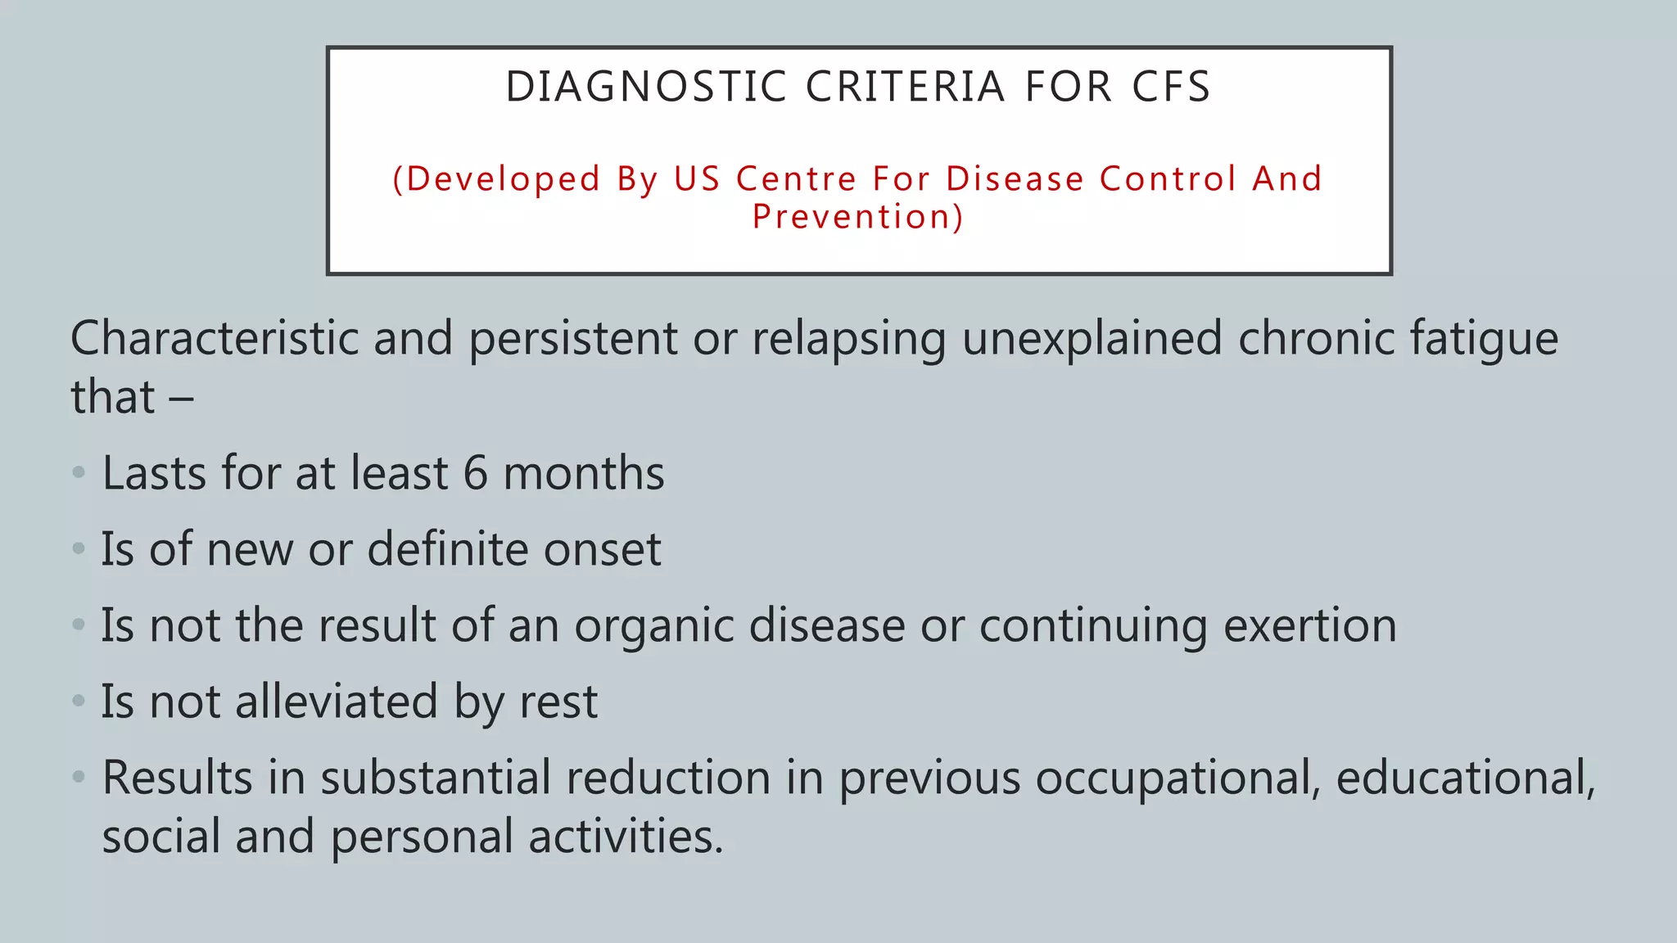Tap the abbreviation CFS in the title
pyautogui.click(x=1170, y=87)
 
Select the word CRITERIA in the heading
pyautogui.click(x=905, y=87)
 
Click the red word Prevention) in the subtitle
pyautogui.click(x=858, y=217)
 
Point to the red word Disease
pyautogui.click(x=1015, y=178)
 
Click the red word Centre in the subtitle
pyautogui.click(x=796, y=178)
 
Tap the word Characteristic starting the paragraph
pyautogui.click(x=215, y=338)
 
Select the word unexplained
pyautogui.click(x=1092, y=338)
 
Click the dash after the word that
pyautogui.click(x=181, y=399)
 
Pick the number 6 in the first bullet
pyautogui.click(x=475, y=473)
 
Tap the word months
pyautogui.click(x=583, y=473)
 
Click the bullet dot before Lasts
pyautogui.click(x=79, y=472)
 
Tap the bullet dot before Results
pyautogui.click(x=79, y=776)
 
